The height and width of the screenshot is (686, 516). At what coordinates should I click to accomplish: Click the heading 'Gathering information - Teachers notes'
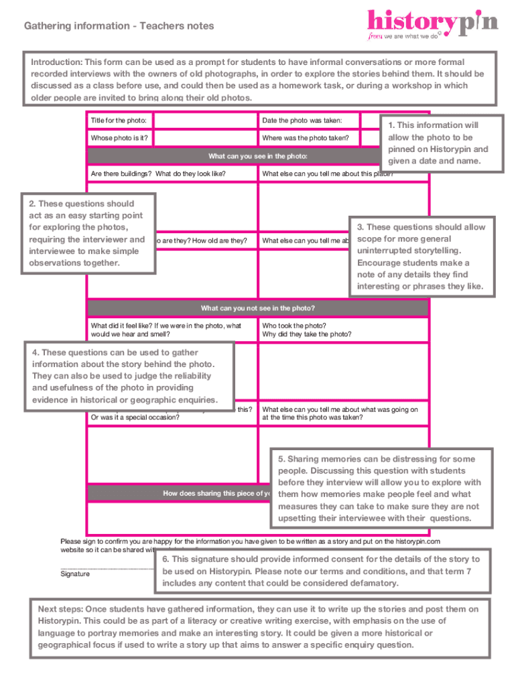click(x=119, y=26)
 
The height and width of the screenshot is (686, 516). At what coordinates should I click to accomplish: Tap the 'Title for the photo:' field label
click(x=119, y=121)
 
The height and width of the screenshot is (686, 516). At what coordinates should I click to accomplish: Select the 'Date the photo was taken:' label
click(x=302, y=121)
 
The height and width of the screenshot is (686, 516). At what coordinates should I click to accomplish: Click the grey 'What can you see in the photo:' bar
click(x=257, y=156)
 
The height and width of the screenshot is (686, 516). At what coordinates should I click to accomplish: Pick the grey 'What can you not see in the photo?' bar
click(x=257, y=308)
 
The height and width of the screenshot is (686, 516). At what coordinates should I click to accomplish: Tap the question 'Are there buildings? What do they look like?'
click(x=158, y=174)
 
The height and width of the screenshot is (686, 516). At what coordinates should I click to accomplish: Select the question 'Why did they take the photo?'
click(x=307, y=334)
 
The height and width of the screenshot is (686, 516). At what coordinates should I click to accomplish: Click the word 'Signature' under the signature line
click(x=75, y=573)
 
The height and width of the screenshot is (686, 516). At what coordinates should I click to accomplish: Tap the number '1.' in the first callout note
click(x=392, y=125)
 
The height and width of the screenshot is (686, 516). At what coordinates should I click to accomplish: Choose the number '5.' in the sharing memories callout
click(x=281, y=459)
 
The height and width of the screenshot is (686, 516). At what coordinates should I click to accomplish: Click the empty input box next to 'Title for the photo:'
click(x=206, y=121)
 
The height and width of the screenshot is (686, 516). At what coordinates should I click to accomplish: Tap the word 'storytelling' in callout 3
click(x=442, y=251)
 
